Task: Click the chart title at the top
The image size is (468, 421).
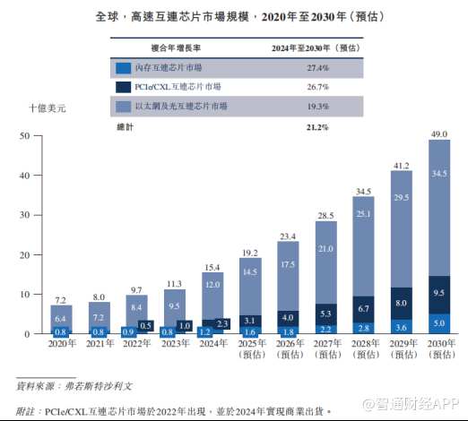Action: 234,17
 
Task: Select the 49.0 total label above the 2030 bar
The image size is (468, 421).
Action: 438,133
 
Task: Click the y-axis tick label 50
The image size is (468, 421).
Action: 26,136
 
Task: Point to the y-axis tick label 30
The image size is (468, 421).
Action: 26,215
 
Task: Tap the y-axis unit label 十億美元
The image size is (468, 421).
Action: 47,107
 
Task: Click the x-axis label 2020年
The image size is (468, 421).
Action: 61,342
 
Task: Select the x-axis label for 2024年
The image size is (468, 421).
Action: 212,342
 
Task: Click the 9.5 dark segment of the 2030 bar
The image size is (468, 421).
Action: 438,293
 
